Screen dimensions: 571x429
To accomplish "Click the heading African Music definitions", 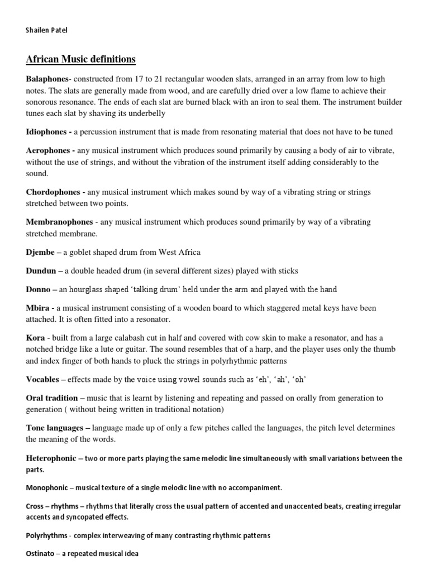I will point(80,59).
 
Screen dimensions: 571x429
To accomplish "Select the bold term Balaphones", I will point(47,79).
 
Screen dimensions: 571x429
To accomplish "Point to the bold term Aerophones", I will point(49,151).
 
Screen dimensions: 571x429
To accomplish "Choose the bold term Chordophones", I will point(54,192).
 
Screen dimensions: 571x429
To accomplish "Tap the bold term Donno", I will point(38,289).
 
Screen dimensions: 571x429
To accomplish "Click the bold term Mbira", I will point(37,308).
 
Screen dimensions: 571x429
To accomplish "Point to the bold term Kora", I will point(35,338).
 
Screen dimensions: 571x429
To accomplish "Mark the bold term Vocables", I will point(42,379).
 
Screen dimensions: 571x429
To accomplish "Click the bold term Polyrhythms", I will point(49,535).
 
